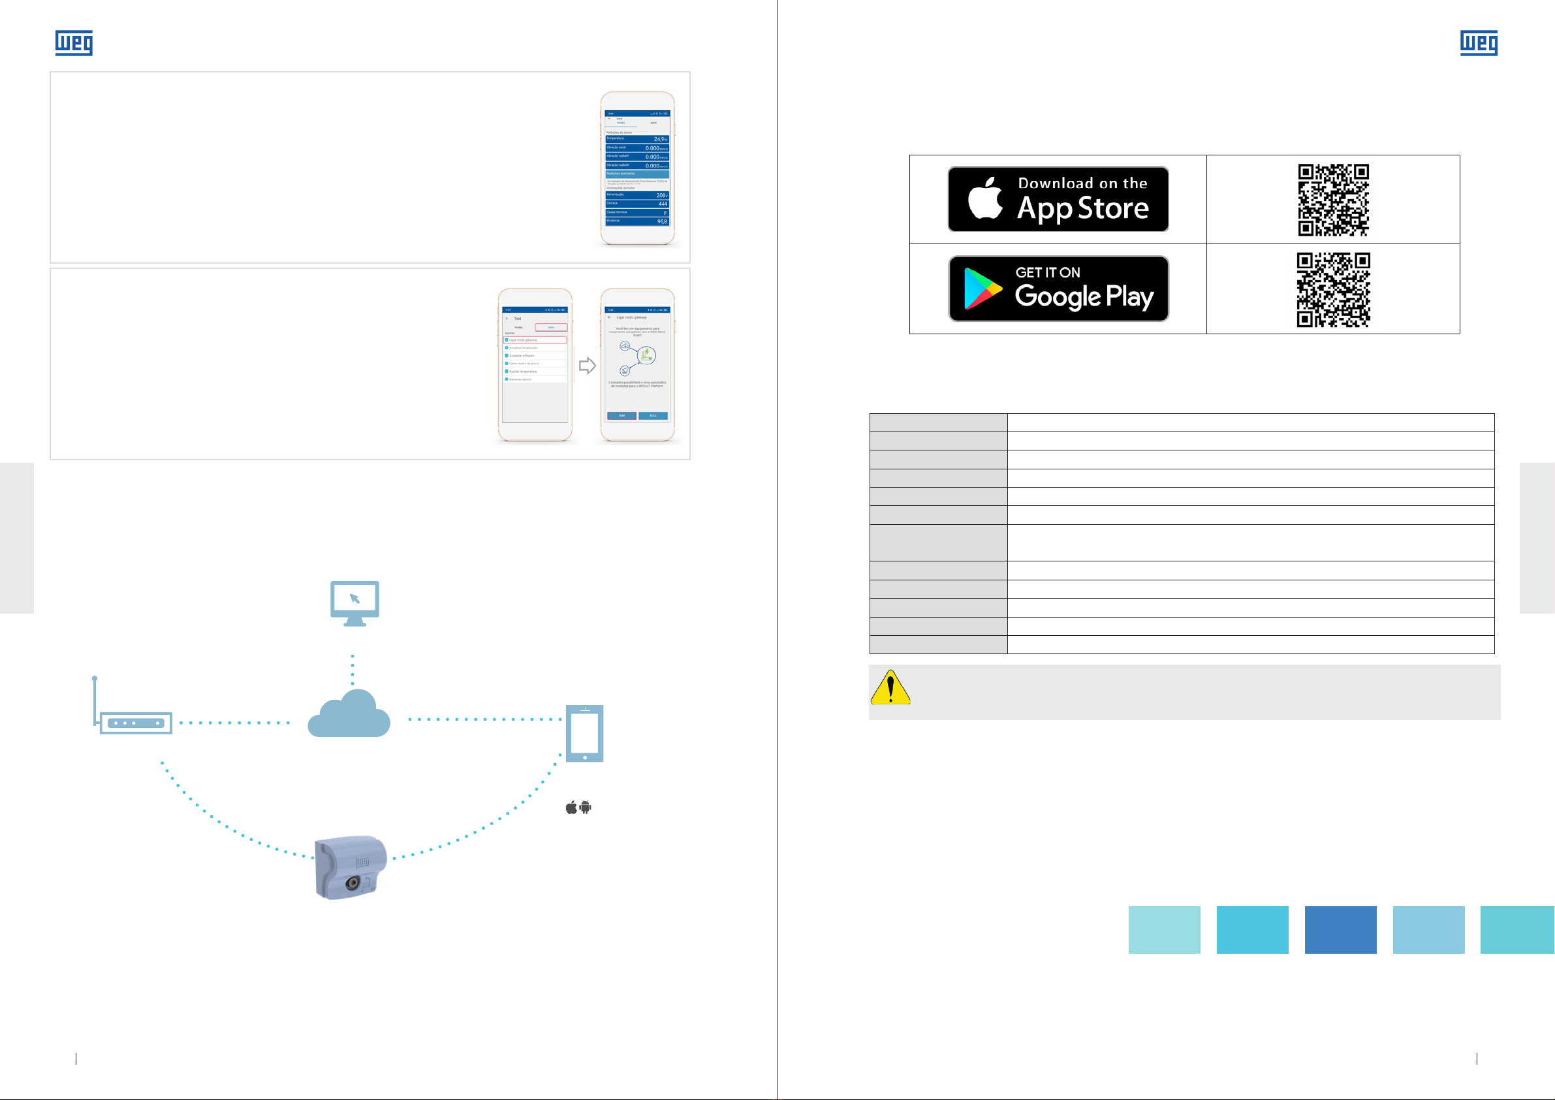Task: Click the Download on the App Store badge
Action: pos(1058,199)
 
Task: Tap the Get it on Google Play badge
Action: pos(1058,289)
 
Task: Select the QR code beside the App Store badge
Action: pos(1333,200)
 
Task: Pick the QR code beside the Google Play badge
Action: pos(1333,289)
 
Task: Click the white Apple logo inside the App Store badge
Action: pos(984,199)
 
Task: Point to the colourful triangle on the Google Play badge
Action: pos(981,289)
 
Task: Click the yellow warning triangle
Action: pos(890,688)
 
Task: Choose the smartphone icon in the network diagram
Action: pos(584,734)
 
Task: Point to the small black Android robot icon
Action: pos(586,808)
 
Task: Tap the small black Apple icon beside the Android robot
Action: pos(572,808)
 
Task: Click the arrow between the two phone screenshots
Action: pos(587,366)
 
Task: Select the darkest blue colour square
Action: pos(1340,930)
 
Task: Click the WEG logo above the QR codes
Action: pos(1479,42)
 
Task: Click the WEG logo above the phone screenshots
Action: pos(74,42)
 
